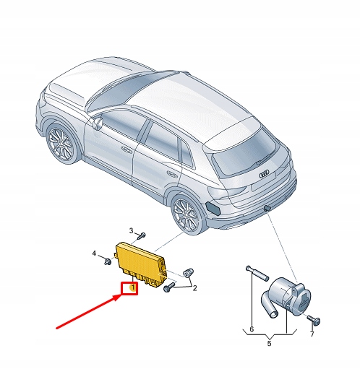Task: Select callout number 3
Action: (x=132, y=231)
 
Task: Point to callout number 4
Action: (x=94, y=253)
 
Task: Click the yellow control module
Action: (x=145, y=260)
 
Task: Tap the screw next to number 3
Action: (x=142, y=235)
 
